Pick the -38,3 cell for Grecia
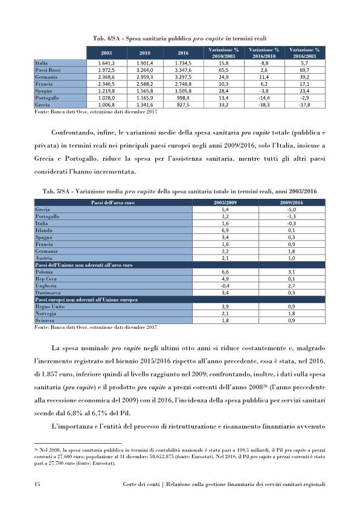click(263, 105)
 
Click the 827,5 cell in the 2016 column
click(184, 105)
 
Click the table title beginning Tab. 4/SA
click(180, 38)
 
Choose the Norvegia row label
click(48, 313)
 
